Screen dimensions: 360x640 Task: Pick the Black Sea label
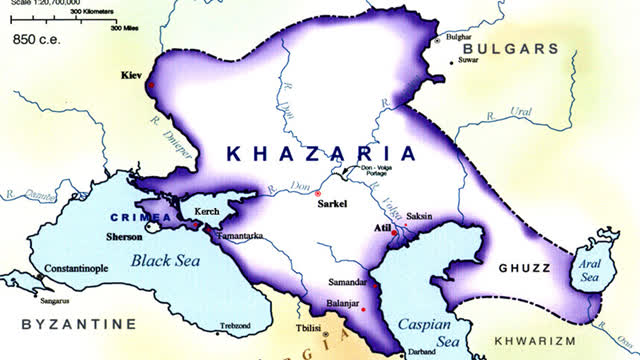[165, 261]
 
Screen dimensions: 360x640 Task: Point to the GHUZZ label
[525, 268]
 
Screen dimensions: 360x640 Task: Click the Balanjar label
[343, 303]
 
